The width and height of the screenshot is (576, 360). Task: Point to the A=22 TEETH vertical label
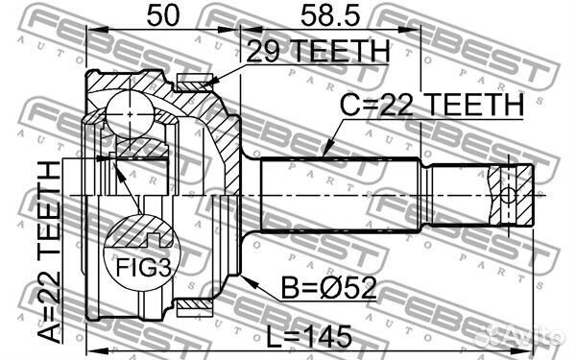pyautogui.click(x=49, y=252)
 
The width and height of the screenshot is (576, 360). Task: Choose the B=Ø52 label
pyautogui.click(x=324, y=287)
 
